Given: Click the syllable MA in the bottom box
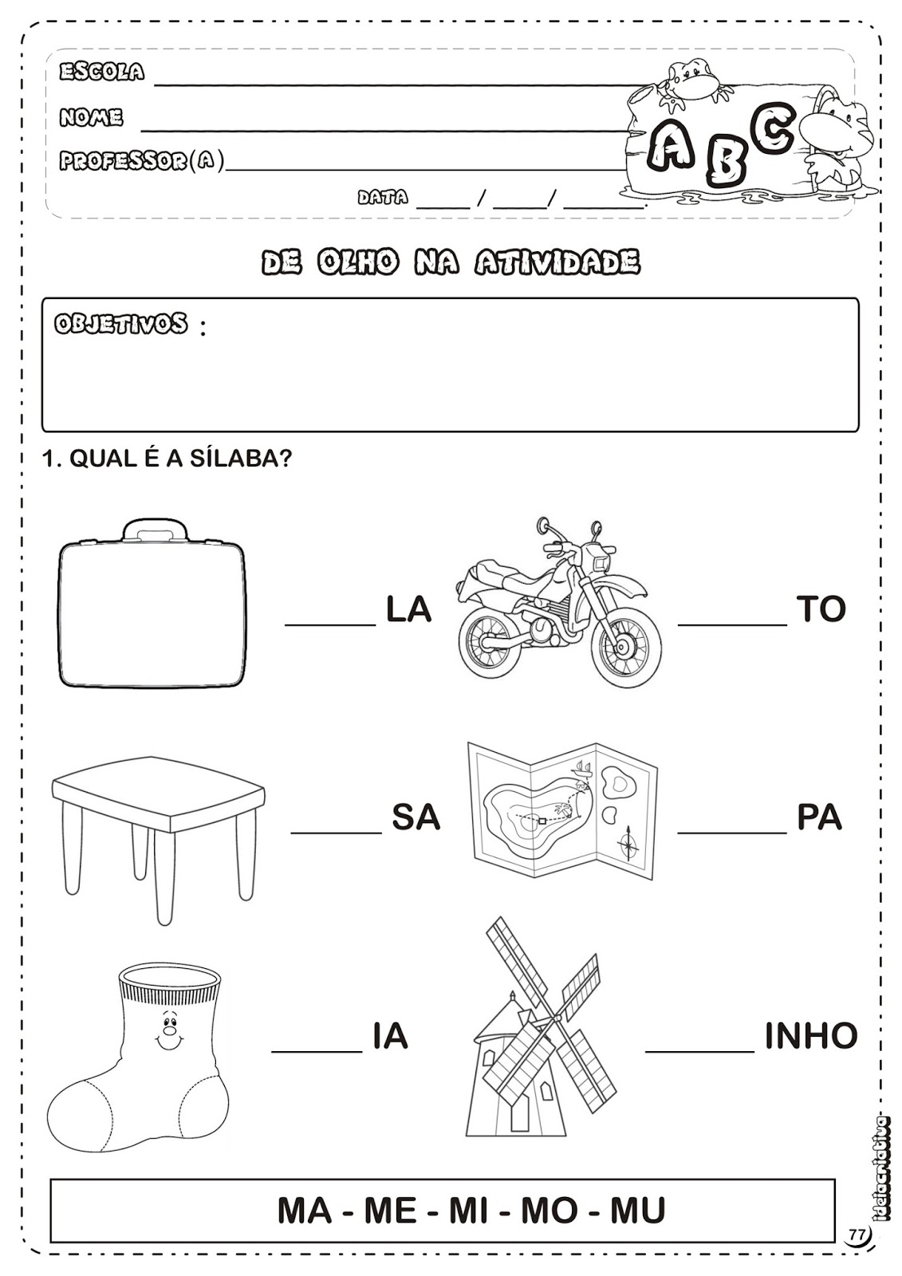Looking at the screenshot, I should tap(304, 1211).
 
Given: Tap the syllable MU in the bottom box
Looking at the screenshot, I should tap(638, 1211).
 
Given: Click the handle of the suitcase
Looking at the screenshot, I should tap(156, 530).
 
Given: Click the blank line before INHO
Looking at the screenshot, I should tap(699, 1049).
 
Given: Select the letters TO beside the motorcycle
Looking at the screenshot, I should tap(821, 610).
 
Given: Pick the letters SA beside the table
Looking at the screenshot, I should tap(416, 818).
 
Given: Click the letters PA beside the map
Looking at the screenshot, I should tap(819, 818).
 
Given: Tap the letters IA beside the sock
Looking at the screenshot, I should tap(390, 1036).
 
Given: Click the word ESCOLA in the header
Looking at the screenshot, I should tap(102, 72).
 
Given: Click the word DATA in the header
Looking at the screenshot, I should tap(383, 197).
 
